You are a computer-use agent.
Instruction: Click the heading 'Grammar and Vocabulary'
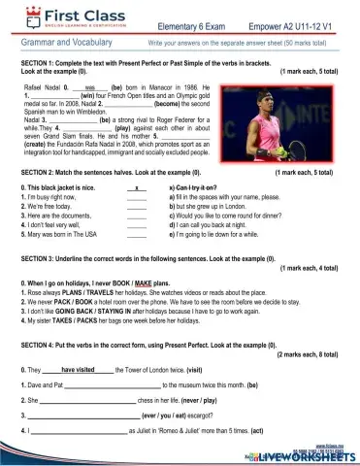(x=60, y=45)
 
